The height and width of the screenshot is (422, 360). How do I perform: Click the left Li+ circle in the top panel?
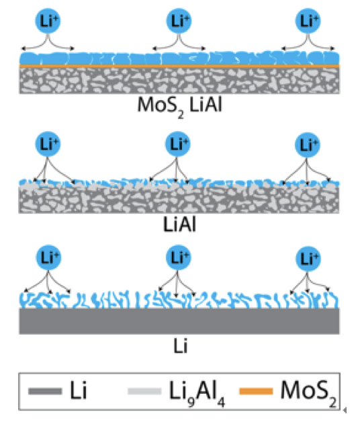pos(48,21)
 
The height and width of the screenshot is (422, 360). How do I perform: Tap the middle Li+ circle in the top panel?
pos(179,21)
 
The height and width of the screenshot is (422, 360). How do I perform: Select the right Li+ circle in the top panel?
pos(308,21)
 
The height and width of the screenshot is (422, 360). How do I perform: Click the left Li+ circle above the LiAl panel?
pos(48,144)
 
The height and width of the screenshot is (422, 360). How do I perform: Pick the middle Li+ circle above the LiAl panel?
pos(177,144)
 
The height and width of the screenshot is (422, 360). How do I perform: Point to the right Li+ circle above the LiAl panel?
pos(307,145)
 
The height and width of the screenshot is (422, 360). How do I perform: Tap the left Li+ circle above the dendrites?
pos(48,257)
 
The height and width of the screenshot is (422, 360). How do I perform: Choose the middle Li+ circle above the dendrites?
pos(179,257)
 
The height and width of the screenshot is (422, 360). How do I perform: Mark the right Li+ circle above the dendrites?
pos(308,259)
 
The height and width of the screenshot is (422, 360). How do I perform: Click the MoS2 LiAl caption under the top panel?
pos(180,106)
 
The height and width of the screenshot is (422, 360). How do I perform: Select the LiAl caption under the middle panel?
pos(179,224)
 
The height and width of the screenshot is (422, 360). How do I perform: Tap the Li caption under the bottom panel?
pos(180,346)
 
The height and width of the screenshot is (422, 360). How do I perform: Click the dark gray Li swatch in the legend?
pos(45,391)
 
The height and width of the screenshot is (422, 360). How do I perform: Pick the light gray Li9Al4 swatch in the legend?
pos(144,391)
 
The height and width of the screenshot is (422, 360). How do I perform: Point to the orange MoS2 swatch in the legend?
pos(256,391)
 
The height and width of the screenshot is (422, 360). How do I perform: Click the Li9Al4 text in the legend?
pos(197,392)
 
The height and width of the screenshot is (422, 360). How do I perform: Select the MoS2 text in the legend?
pos(308,392)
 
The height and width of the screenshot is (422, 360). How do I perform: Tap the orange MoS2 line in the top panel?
pos(179,67)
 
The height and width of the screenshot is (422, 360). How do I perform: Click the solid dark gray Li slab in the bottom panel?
pos(179,321)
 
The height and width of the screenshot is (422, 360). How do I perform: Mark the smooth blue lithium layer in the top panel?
pos(179,58)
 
